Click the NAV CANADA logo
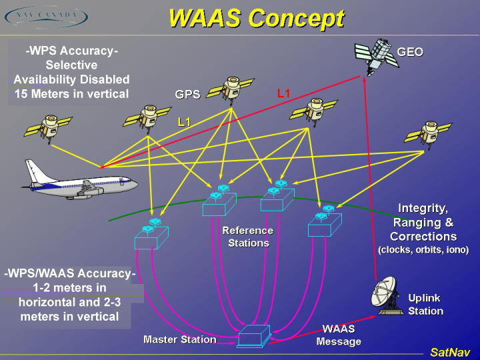click(x=45, y=17)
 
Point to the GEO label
click(x=410, y=52)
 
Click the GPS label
click(x=187, y=95)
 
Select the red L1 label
click(x=283, y=94)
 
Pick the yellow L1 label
click(x=185, y=122)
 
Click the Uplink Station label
click(x=425, y=305)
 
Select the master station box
click(x=253, y=335)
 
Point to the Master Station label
click(x=180, y=339)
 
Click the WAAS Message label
click(x=339, y=335)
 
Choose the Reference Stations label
click(x=248, y=237)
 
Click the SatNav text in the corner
click(x=449, y=352)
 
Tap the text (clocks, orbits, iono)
click(x=423, y=250)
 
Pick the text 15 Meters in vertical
click(x=72, y=94)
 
